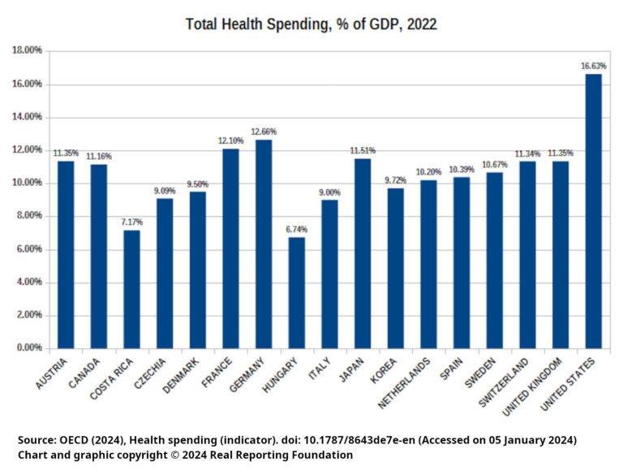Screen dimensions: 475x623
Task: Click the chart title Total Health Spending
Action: tap(311, 24)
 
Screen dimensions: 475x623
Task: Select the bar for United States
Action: tap(594, 211)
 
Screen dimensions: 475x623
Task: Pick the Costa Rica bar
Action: tap(131, 289)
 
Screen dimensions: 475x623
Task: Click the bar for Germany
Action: tap(264, 244)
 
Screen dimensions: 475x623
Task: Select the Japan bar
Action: tap(363, 253)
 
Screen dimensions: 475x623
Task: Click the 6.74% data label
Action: tap(297, 230)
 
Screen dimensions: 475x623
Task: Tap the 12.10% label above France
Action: tap(230, 140)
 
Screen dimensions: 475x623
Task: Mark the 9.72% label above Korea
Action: tap(396, 180)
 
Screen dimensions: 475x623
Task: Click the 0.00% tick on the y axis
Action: tap(29, 348)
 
